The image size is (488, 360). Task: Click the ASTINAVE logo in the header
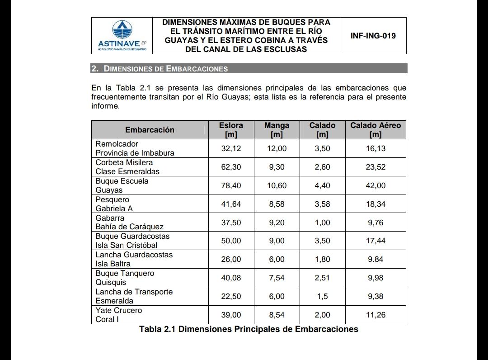pos(122,36)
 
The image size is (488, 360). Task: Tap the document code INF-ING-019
pos(373,36)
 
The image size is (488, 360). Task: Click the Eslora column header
pos(231,130)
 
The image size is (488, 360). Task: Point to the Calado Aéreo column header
pos(375,130)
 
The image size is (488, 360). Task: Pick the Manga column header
pos(277,130)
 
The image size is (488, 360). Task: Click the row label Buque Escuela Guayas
pos(122,185)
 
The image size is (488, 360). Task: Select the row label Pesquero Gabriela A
pos(114,204)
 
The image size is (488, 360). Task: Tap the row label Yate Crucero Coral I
pos(118,315)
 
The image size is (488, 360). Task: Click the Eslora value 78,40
pos(231,185)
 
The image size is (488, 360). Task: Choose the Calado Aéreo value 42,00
pos(375,185)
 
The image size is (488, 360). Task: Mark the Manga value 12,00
pos(277,148)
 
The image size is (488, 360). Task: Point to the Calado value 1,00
pos(322,223)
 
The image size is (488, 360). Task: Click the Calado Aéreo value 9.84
pos(375,259)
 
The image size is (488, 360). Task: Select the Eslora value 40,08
pos(231,278)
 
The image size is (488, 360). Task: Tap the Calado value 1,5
pos(322,296)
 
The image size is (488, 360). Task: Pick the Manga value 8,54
pos(277,315)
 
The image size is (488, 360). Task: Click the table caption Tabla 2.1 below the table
pos(249,329)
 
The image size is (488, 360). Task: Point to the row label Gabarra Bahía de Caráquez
pos(129,223)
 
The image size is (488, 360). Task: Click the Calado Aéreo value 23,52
pos(375,167)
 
